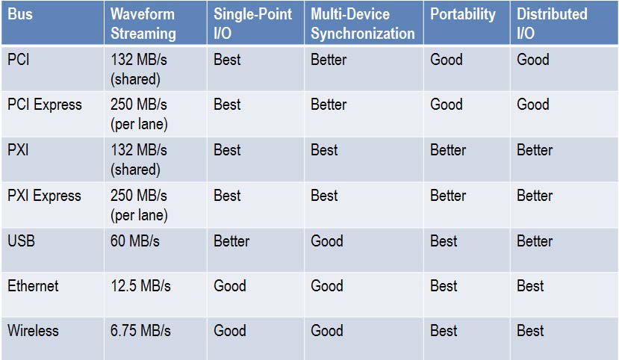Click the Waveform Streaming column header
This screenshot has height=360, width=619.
pyautogui.click(x=143, y=24)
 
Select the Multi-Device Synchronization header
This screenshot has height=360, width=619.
pyautogui.click(x=362, y=24)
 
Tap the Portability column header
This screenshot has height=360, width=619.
pyautogui.click(x=463, y=15)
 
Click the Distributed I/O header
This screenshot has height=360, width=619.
pyautogui.click(x=552, y=24)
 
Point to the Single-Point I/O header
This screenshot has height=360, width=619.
pyautogui.click(x=252, y=24)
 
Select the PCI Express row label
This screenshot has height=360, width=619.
pyautogui.click(x=45, y=105)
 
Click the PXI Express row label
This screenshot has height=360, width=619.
pyautogui.click(x=44, y=196)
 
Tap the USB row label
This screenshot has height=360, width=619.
pyautogui.click(x=22, y=240)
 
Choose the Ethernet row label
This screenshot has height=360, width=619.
pyautogui.click(x=33, y=286)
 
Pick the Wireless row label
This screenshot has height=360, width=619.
pyautogui.click(x=33, y=331)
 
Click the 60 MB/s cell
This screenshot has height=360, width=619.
pyautogui.click(x=135, y=240)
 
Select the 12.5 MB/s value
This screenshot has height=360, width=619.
pyautogui.click(x=140, y=286)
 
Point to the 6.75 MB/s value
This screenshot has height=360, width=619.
pyautogui.click(x=140, y=331)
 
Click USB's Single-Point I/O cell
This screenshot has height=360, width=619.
pyautogui.click(x=231, y=241)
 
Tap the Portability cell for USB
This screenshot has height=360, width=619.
pyautogui.click(x=444, y=241)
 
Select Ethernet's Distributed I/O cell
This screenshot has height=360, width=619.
pyautogui.click(x=530, y=286)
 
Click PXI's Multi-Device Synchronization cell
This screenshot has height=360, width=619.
pyautogui.click(x=324, y=150)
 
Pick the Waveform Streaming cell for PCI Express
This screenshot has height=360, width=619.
pyautogui.click(x=139, y=114)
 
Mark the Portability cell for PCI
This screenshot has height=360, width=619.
pyautogui.click(x=447, y=60)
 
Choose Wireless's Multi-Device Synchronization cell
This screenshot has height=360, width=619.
pyautogui.click(x=327, y=331)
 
